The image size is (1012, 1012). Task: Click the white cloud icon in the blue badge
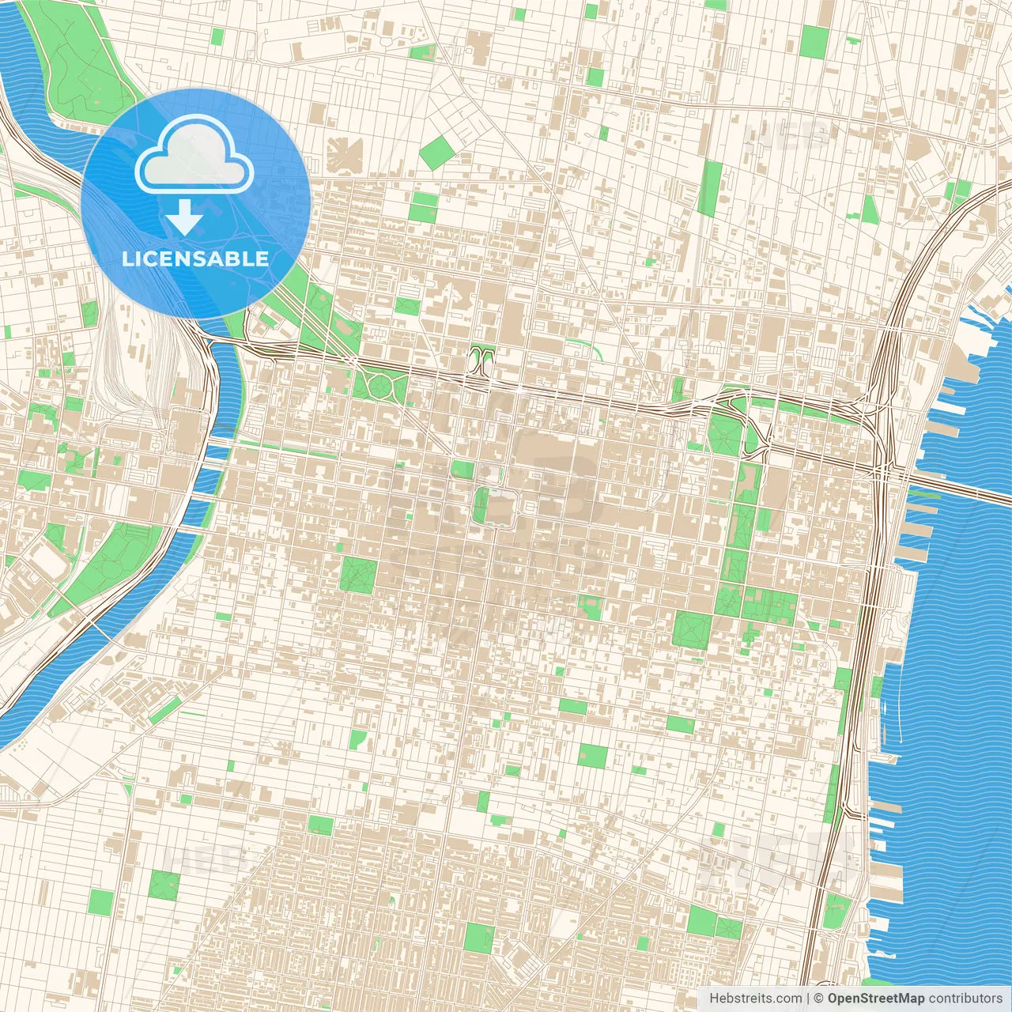click(194, 157)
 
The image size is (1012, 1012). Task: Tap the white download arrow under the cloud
click(184, 217)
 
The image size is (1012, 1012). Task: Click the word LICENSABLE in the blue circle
click(195, 259)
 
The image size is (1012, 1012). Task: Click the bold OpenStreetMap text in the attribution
click(876, 999)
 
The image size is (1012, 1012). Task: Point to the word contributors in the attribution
click(965, 999)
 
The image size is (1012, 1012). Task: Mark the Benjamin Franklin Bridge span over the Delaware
click(949, 483)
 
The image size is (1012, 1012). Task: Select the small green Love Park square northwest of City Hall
click(463, 470)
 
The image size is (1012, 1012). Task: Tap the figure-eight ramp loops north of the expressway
click(481, 360)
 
